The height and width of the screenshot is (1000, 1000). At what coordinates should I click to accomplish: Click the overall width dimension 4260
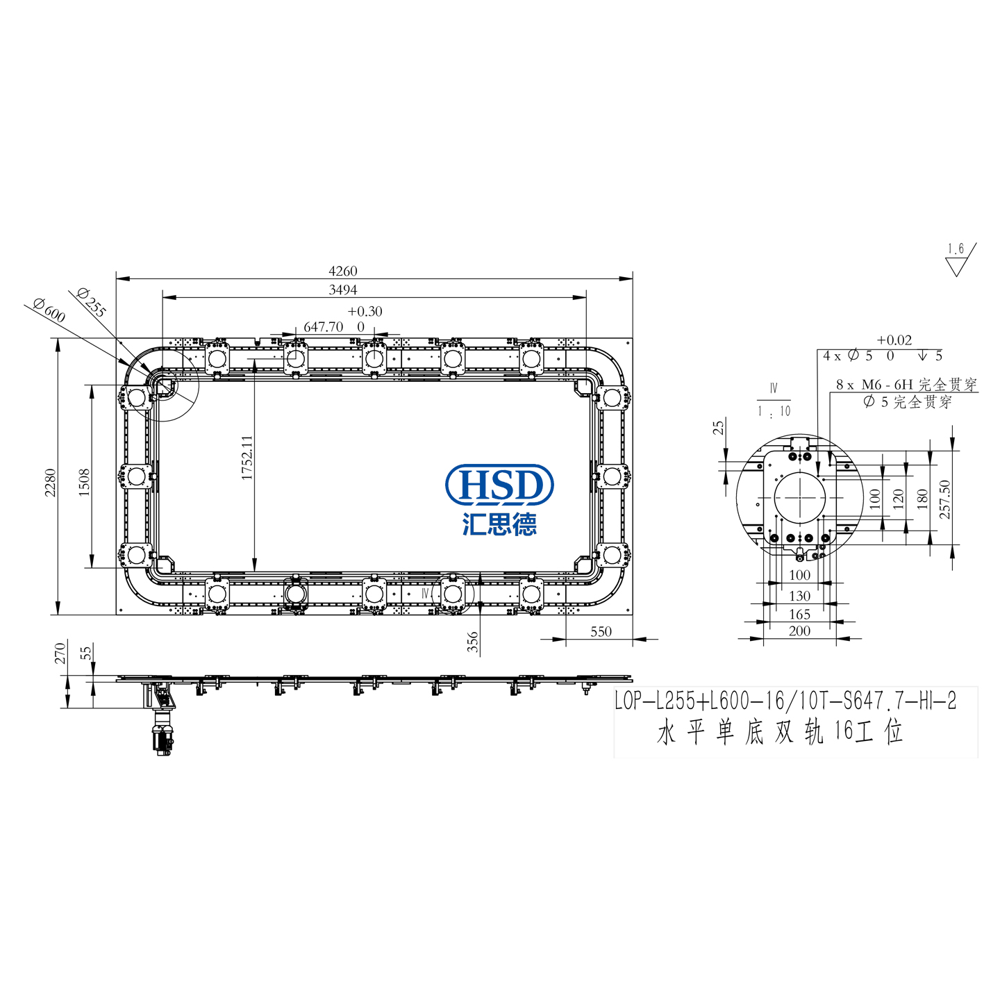(x=342, y=271)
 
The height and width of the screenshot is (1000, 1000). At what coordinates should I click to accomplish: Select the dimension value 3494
(x=342, y=290)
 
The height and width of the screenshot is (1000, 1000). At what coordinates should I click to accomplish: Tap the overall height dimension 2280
(x=50, y=483)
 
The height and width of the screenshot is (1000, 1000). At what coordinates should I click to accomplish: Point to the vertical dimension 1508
(x=84, y=483)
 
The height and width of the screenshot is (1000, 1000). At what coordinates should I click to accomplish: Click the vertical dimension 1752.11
(x=247, y=457)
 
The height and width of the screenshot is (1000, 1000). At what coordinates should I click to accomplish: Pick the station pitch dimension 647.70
(x=324, y=327)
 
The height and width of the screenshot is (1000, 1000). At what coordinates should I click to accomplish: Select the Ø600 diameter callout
(x=49, y=310)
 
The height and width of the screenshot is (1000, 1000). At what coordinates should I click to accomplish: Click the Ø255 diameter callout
(x=91, y=302)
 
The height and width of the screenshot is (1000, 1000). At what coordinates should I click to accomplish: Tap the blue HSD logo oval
(x=499, y=484)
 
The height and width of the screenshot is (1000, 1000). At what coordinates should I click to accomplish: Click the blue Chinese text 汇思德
(x=499, y=524)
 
